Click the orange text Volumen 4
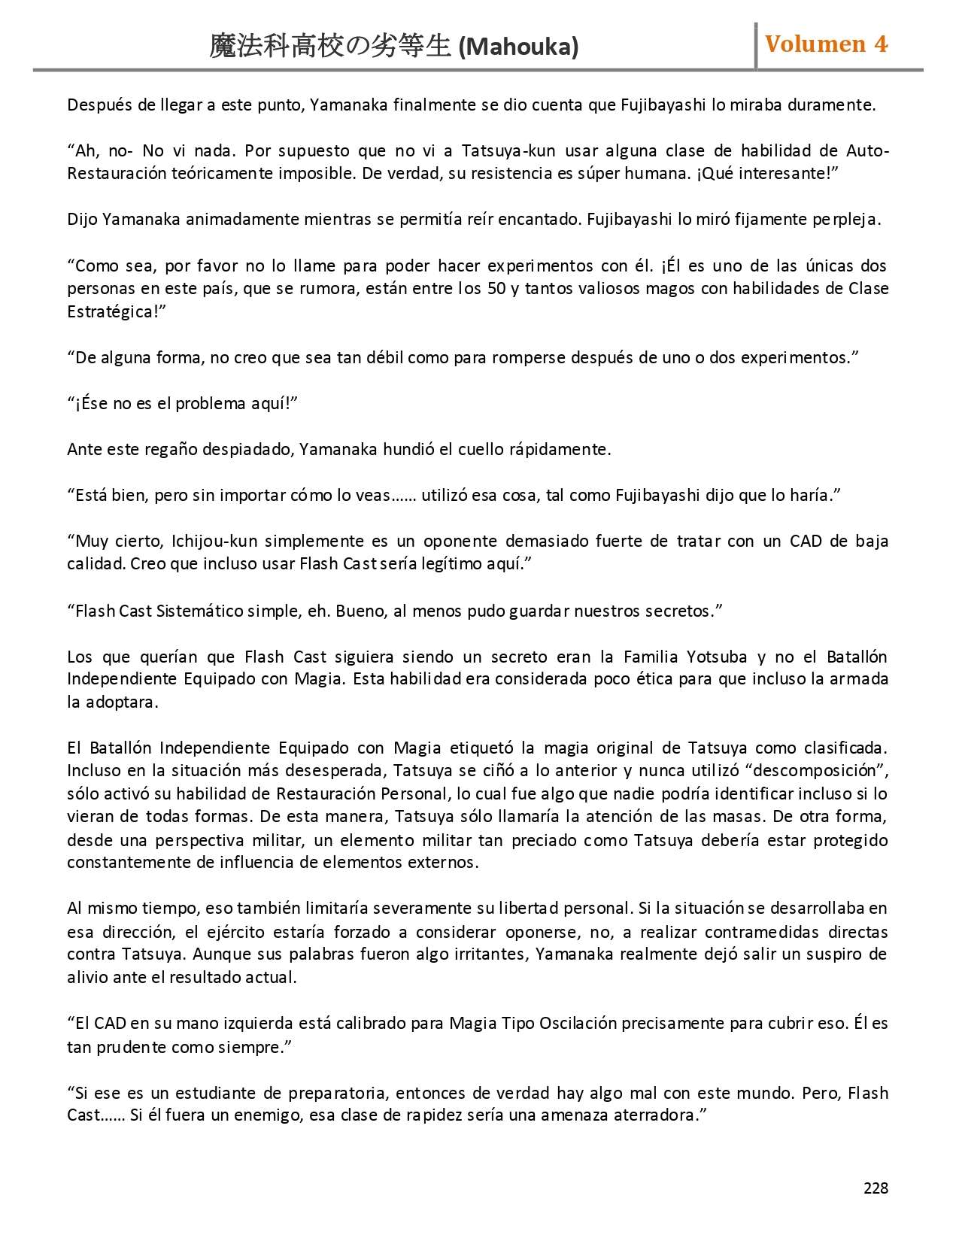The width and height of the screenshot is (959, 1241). coord(826,44)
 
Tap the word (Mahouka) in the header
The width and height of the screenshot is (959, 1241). coord(518,47)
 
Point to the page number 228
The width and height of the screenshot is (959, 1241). coord(876,1188)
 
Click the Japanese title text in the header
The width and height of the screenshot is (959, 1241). coord(330,47)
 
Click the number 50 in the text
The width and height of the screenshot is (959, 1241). coord(496,289)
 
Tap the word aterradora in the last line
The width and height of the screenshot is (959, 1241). coord(654,1115)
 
